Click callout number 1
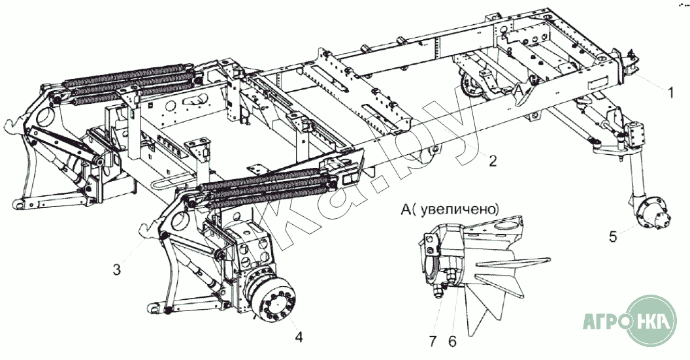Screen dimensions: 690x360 click(670, 93)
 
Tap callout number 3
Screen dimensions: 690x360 click(117, 269)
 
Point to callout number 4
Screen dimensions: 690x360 click(299, 337)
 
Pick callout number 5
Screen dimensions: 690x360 click(613, 237)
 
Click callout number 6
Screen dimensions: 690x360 click(452, 340)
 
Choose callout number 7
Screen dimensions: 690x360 click(433, 340)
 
